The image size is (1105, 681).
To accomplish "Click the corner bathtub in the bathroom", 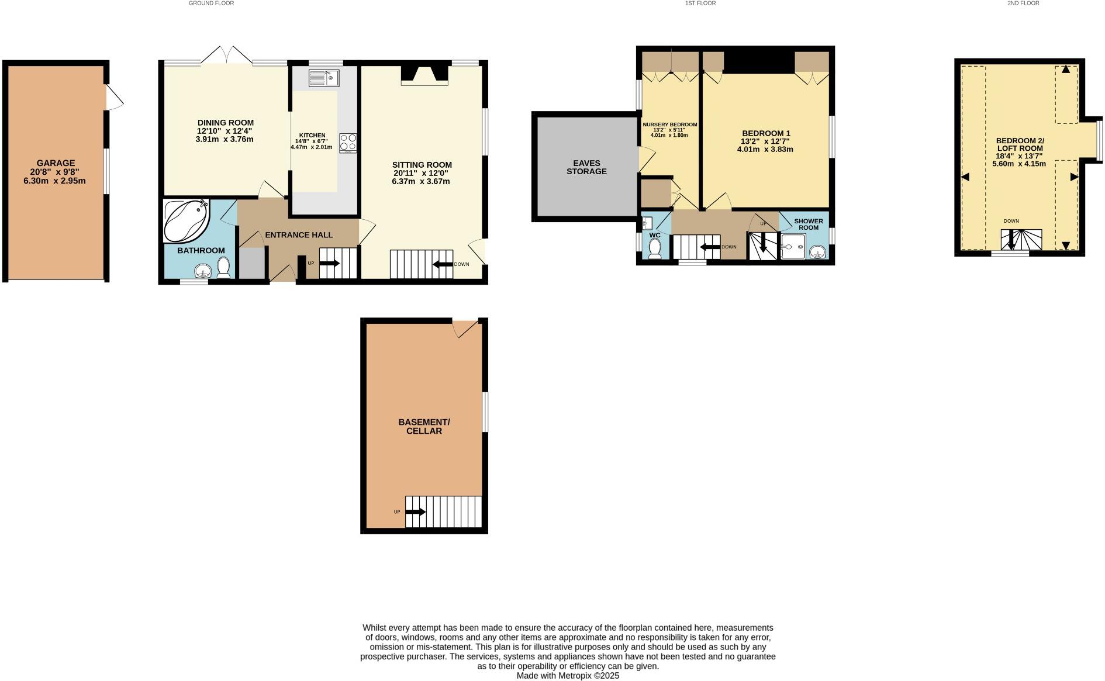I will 185,222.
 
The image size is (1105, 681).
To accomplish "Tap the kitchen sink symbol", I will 324,78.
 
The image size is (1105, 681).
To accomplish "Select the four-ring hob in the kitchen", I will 347,143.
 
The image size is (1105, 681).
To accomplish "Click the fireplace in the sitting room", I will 424,75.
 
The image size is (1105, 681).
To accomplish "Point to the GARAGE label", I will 56,163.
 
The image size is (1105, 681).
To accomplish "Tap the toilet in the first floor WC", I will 655,248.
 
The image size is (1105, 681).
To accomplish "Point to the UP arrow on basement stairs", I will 416,512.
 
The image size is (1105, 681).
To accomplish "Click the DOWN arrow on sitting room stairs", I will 443,264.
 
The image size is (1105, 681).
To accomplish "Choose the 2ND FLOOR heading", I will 1023,4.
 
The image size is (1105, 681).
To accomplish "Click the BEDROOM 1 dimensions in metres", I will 765,149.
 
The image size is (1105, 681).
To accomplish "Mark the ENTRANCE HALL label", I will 299,235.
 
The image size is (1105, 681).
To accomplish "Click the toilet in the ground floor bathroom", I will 223,267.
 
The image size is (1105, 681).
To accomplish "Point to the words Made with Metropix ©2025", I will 567,676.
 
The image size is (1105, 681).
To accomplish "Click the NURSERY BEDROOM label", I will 669,125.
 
